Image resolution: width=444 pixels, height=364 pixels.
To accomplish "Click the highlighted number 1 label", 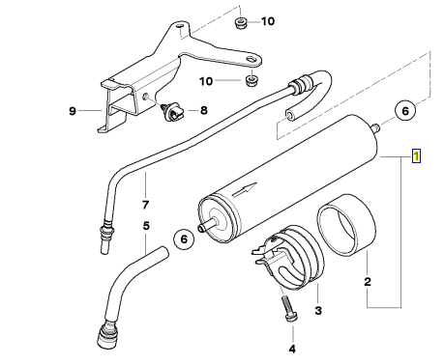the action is (416, 156).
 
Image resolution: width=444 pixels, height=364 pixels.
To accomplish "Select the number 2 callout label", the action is (368, 282).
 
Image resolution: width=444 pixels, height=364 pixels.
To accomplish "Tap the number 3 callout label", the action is (318, 311).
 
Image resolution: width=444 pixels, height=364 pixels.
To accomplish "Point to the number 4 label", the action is (292, 349).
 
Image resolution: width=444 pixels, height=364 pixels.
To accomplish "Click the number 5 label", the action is (146, 226).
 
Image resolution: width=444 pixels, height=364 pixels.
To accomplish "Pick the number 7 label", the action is (145, 205).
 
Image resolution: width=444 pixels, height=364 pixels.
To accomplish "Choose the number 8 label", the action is (204, 110).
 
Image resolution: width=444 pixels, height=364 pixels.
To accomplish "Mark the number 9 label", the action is (73, 111).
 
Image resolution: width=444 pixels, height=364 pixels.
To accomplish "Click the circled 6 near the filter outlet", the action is (405, 111).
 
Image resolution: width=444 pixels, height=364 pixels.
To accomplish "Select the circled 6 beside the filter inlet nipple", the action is (184, 239).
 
